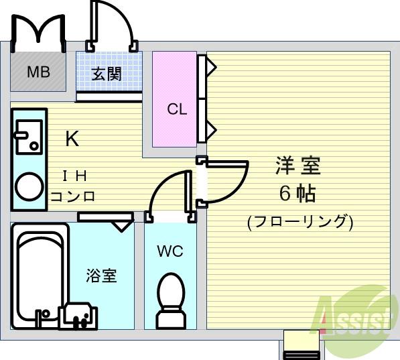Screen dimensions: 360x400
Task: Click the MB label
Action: pos(38,72)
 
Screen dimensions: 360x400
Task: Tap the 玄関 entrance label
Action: pos(107,74)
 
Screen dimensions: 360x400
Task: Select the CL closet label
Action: pos(177,109)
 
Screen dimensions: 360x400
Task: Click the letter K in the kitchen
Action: pos(72,139)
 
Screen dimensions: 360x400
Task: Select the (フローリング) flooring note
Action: pos(299,221)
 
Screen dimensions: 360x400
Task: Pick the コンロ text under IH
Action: pos(73,196)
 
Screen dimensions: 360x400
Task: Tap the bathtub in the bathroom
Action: pos(39,275)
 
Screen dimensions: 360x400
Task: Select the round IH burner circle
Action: pos(29,187)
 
